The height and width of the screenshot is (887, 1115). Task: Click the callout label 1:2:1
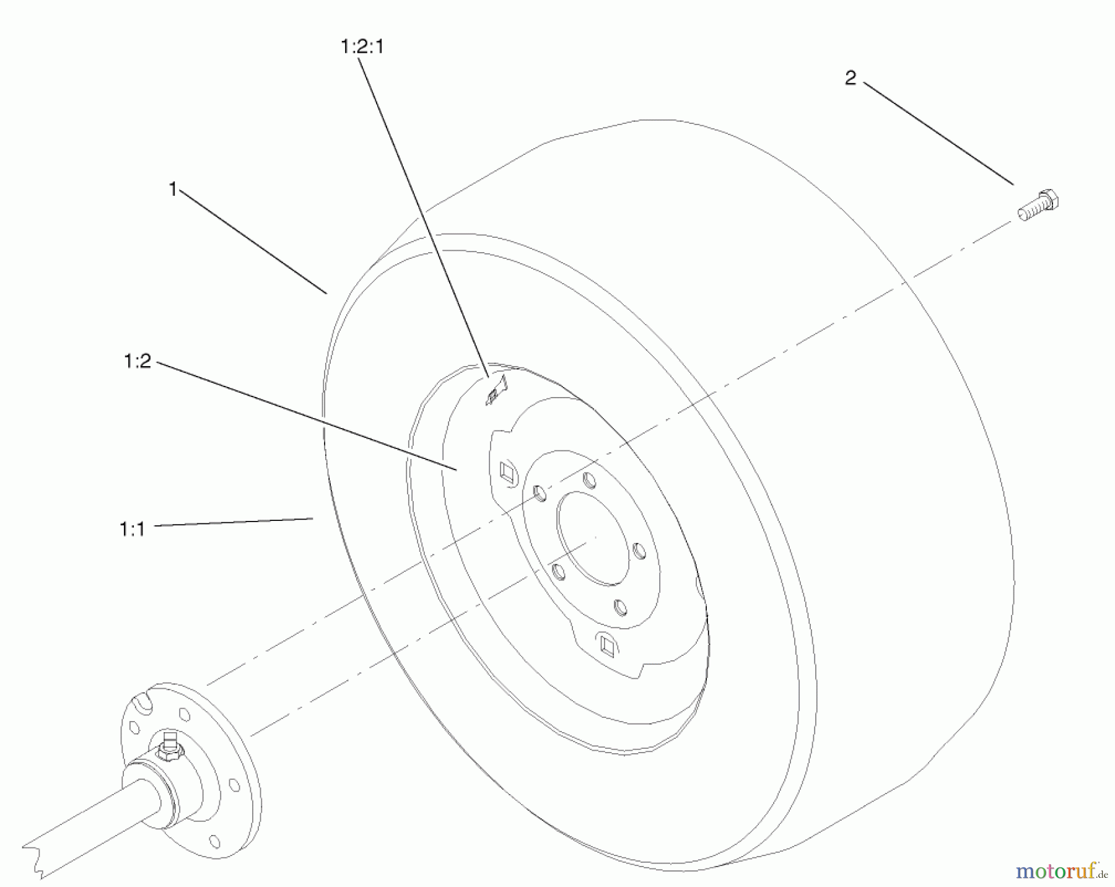pos(362,46)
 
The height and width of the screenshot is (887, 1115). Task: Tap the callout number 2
pos(850,78)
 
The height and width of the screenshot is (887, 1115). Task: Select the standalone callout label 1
pos(173,189)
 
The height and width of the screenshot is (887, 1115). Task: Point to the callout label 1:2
pos(138,361)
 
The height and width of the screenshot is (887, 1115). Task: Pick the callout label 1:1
pos(132,530)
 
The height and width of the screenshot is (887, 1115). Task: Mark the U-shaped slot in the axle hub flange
pos(144,704)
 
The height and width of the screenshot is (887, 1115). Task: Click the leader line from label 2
pos(938,134)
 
